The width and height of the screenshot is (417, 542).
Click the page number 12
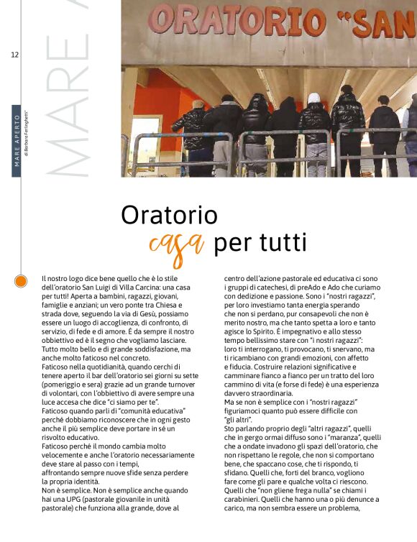pyautogui.click(x=14, y=55)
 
